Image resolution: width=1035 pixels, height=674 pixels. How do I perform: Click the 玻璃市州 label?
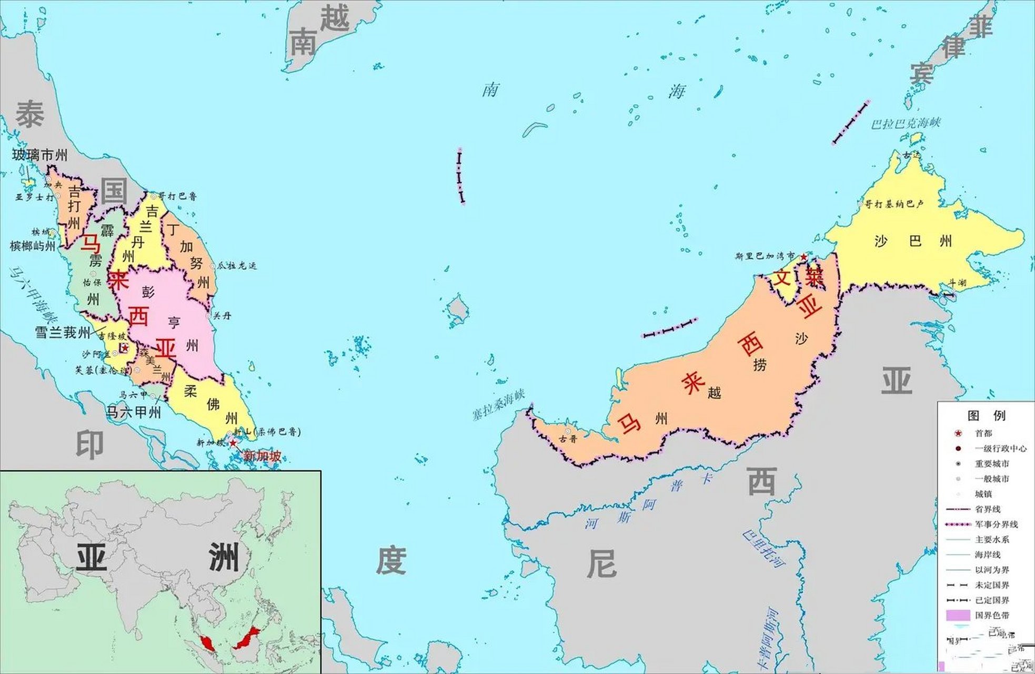coord(40,155)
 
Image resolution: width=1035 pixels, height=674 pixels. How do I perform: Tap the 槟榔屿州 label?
coord(33,246)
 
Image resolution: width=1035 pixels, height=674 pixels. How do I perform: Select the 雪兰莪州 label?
coord(62,333)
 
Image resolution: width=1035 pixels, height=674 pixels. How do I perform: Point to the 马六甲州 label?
coord(134,412)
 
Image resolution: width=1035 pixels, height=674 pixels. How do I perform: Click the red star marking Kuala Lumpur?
coord(125,348)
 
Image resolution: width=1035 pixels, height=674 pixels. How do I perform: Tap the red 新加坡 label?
coord(262,456)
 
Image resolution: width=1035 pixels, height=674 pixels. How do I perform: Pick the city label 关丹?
coord(222,316)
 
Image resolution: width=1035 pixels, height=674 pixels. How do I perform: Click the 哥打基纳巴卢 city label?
coord(894,204)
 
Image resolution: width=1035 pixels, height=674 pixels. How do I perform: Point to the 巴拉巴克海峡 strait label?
coord(905,124)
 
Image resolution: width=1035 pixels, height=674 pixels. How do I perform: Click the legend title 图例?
coord(986,415)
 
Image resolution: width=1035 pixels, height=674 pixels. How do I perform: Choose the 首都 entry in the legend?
coord(983,433)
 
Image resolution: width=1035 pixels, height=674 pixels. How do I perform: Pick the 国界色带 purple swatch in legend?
coord(958,615)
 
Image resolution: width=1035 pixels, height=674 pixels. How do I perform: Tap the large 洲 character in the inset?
coord(224,557)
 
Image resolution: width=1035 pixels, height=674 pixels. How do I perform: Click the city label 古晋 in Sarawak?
coord(568,439)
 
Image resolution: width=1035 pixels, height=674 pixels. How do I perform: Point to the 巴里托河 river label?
coord(763,548)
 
